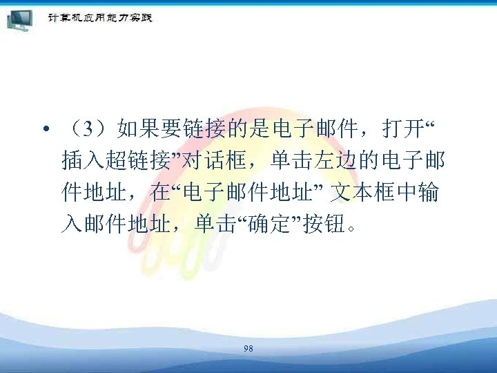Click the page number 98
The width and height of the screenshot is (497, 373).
click(248, 349)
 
